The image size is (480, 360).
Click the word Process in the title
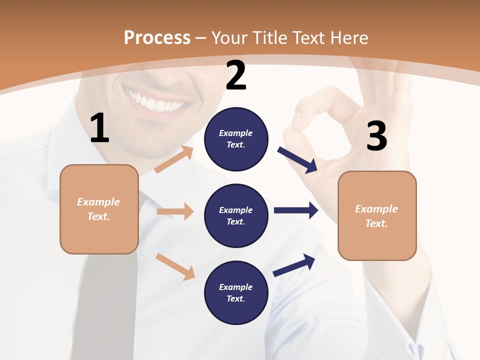157,37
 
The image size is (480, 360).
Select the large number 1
99,128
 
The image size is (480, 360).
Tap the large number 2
236,75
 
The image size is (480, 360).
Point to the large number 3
376,136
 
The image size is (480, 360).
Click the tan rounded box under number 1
99,209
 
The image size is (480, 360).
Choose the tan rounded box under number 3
377,215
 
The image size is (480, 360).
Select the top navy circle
236,139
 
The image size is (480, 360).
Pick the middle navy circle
236,215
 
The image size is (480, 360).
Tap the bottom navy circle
236,292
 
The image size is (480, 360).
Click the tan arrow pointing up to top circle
173,159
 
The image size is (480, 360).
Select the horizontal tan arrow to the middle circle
175,211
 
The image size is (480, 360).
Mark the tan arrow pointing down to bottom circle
175,266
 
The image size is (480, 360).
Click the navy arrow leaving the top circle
297,160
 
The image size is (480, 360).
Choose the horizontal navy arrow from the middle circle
296,210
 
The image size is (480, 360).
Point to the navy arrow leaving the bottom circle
294,265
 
